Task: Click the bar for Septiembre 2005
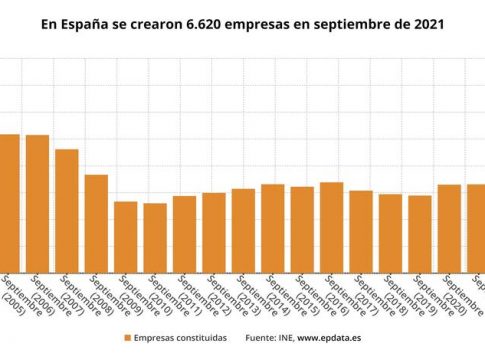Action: coord(9,200)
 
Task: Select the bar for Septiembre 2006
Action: coord(37,200)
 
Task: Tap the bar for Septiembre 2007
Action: coord(67,208)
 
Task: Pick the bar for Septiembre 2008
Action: coord(96,220)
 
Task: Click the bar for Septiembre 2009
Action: coord(126,234)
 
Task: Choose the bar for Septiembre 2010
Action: coord(155,235)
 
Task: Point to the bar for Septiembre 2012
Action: coord(214,229)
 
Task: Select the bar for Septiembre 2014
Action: coord(273,225)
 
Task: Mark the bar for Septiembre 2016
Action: coord(332,224)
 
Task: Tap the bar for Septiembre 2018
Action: coord(391,230)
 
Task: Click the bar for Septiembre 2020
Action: coord(450,225)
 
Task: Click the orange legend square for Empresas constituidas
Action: coord(127,338)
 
